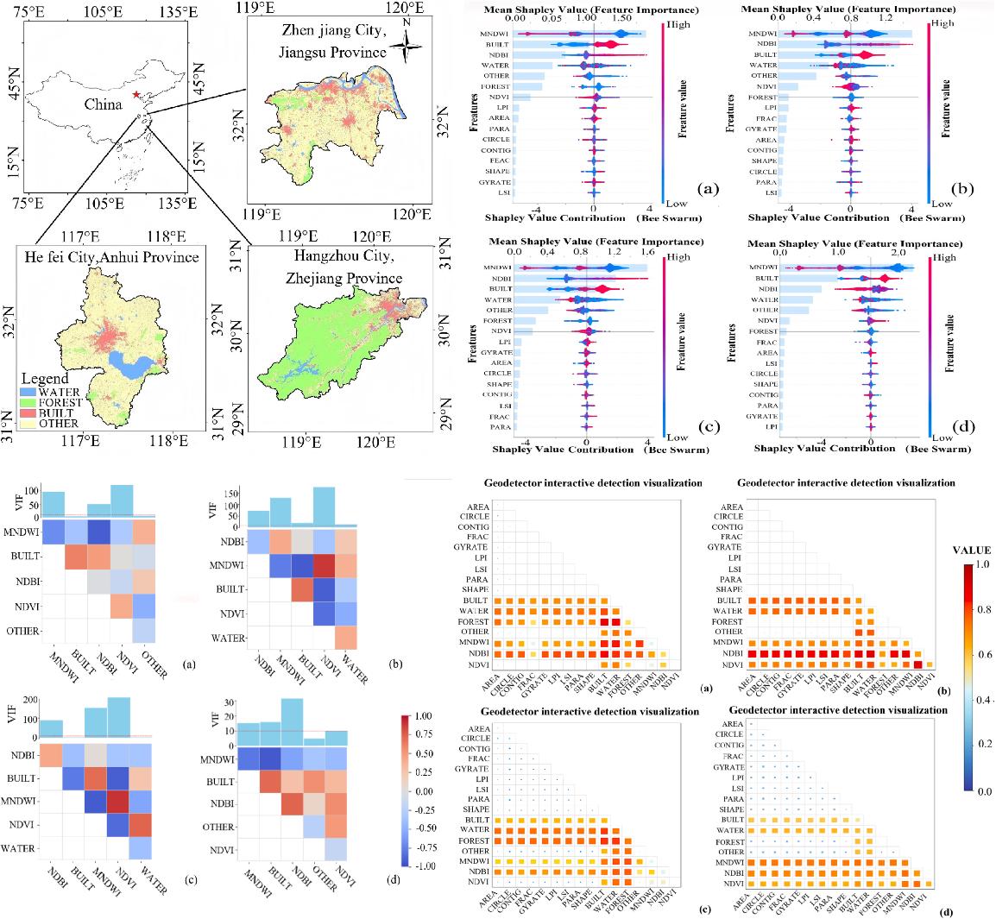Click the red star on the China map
[x=136, y=94]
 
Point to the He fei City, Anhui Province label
[x=107, y=257]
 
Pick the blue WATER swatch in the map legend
[x=31, y=393]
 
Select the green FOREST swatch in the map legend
[x=31, y=403]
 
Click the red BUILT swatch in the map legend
[x=31, y=413]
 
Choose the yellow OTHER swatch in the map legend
[x=31, y=424]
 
